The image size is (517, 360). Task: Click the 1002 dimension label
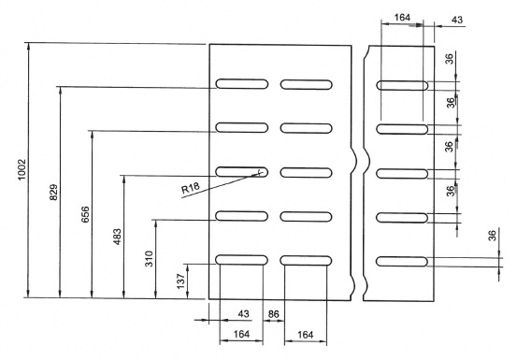click(x=22, y=170)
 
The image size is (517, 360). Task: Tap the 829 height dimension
click(x=53, y=192)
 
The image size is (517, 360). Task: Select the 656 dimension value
click(x=85, y=214)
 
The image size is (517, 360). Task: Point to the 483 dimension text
click(x=117, y=237)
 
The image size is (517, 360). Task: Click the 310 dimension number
click(x=149, y=259)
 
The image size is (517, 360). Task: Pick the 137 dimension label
click(x=181, y=281)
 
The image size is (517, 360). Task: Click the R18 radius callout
click(x=190, y=188)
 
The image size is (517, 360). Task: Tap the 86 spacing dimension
click(x=273, y=314)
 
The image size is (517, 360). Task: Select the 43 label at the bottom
click(x=243, y=314)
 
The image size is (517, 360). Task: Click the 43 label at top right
click(x=457, y=20)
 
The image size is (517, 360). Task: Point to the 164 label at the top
click(x=402, y=17)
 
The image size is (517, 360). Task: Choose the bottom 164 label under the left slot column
click(x=241, y=335)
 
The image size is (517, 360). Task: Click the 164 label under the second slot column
click(x=306, y=335)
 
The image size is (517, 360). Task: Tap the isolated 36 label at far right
click(x=492, y=236)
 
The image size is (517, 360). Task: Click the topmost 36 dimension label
click(x=449, y=59)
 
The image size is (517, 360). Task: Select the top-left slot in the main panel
click(x=242, y=84)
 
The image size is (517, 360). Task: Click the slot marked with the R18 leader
click(x=242, y=172)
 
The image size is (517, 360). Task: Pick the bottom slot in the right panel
click(x=402, y=262)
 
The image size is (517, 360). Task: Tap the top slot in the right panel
click(x=402, y=85)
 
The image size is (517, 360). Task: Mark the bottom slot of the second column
click(x=306, y=261)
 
